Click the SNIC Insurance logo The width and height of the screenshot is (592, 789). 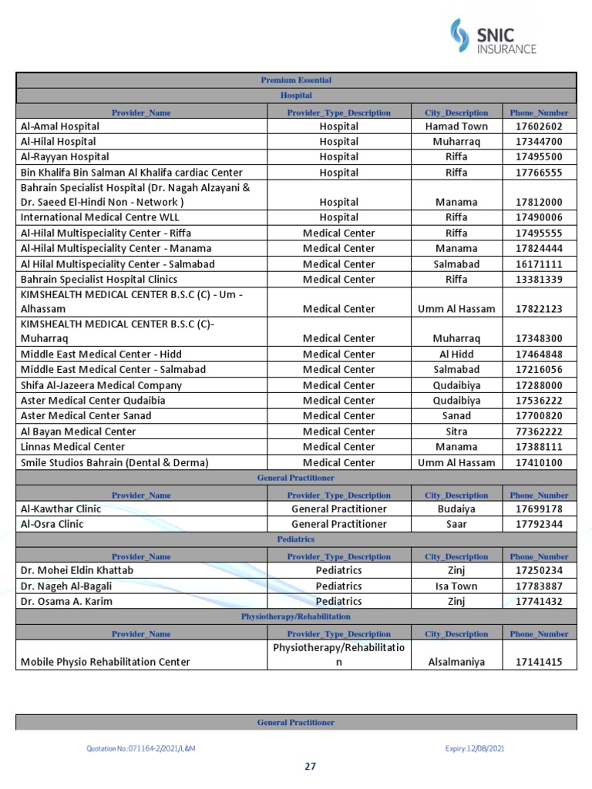(493, 37)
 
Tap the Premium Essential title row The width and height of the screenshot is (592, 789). (296, 80)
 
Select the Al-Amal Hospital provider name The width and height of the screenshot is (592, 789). (60, 126)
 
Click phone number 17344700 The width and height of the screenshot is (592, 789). (539, 142)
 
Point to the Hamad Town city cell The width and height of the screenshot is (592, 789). (456, 126)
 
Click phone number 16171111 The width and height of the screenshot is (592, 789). (539, 264)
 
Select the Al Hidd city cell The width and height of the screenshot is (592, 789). (456, 354)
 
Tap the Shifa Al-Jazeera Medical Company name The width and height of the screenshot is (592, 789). (101, 385)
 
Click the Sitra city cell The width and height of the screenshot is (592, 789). (456, 431)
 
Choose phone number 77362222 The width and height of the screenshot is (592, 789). (539, 431)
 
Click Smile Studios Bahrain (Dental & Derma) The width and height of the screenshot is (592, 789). (114, 462)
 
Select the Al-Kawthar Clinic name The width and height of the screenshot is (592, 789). (61, 509)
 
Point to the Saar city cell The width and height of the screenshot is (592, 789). (456, 524)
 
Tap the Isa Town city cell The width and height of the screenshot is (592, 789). (456, 586)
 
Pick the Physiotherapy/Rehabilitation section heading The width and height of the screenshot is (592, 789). (296, 617)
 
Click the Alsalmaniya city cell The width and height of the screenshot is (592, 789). (456, 662)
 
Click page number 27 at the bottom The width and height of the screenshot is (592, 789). (311, 767)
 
